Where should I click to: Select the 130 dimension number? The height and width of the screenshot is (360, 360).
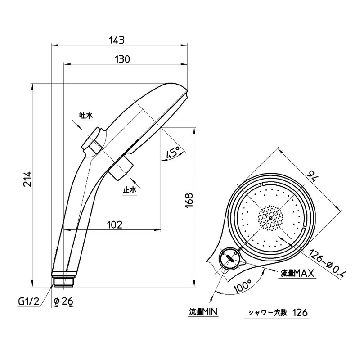pyautogui.click(x=122, y=59)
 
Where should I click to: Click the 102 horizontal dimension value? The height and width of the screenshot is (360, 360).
pyautogui.click(x=115, y=225)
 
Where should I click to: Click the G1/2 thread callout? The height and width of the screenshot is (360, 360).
pyautogui.click(x=29, y=301)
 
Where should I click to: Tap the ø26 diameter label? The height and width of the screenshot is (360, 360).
pyautogui.click(x=63, y=301)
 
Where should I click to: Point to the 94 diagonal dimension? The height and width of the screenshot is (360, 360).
pyautogui.click(x=313, y=175)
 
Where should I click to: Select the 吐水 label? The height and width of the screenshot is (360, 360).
pyautogui.click(x=85, y=115)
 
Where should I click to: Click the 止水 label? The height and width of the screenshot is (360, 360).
pyautogui.click(x=130, y=189)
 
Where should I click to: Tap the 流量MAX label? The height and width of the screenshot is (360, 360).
pyautogui.click(x=297, y=273)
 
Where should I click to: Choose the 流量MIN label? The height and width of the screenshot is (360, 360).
pyautogui.click(x=203, y=312)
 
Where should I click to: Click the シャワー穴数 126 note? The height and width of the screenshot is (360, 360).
pyautogui.click(x=278, y=312)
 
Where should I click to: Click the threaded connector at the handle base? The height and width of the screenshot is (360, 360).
pyautogui.click(x=63, y=279)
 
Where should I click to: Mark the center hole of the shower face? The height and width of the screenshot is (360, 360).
pyautogui.click(x=270, y=218)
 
